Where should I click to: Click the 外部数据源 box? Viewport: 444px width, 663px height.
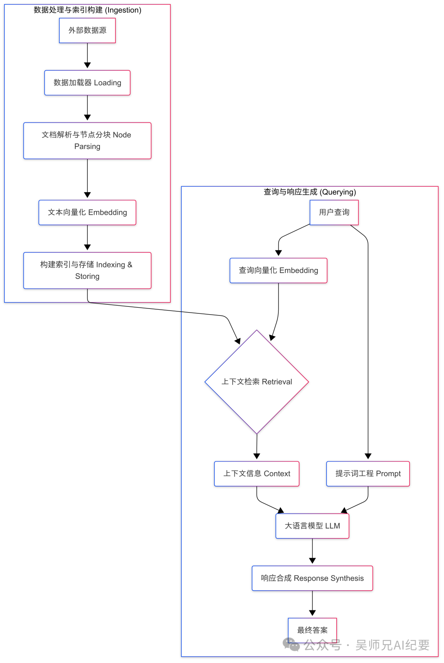[x=87, y=30]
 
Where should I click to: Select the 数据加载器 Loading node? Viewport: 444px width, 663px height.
[x=87, y=83]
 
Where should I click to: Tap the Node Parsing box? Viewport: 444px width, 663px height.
[x=87, y=141]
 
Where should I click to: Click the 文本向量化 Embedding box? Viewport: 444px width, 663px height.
[x=87, y=213]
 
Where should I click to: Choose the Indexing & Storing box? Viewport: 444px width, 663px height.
[x=87, y=270]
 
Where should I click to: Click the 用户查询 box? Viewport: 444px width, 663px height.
[x=334, y=212]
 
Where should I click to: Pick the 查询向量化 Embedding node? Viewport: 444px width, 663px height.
[x=278, y=271]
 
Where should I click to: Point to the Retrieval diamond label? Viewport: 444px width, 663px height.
[x=257, y=382]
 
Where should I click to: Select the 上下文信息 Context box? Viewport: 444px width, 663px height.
[x=257, y=474]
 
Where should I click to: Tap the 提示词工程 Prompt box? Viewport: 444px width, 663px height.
[x=368, y=474]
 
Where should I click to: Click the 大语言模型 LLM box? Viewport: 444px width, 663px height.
[x=312, y=526]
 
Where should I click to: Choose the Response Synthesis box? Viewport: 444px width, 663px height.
[x=312, y=578]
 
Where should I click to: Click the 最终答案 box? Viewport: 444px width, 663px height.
[x=312, y=630]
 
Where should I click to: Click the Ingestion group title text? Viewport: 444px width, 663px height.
[x=87, y=10]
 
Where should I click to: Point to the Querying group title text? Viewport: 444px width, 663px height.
[x=310, y=192]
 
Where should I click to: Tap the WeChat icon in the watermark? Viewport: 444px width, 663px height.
[x=291, y=644]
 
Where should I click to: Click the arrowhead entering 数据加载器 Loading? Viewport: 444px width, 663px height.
[x=87, y=65]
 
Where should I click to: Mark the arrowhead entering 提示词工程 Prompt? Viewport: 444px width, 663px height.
[x=368, y=456]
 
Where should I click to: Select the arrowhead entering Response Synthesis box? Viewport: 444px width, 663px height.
[x=312, y=561]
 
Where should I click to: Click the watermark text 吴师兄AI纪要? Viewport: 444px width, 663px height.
[x=392, y=645]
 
